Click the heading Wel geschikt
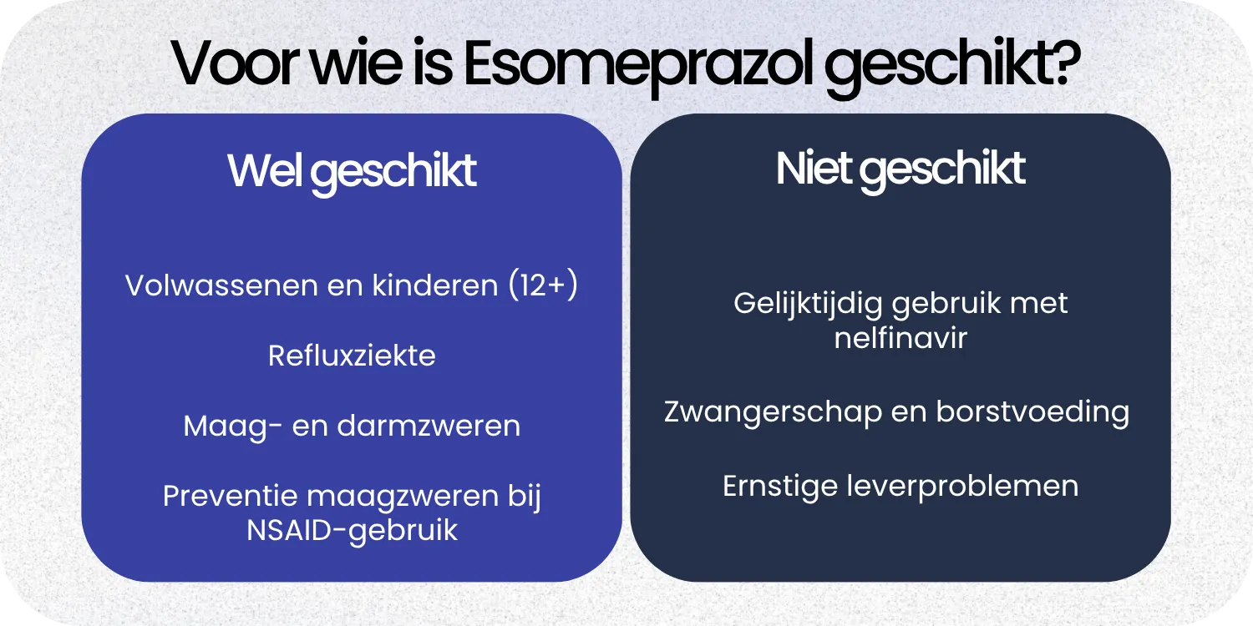tap(352, 171)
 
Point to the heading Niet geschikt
tap(900, 169)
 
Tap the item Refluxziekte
tap(352, 356)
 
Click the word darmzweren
tap(429, 426)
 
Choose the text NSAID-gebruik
tap(352, 531)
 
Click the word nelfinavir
tap(900, 338)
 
